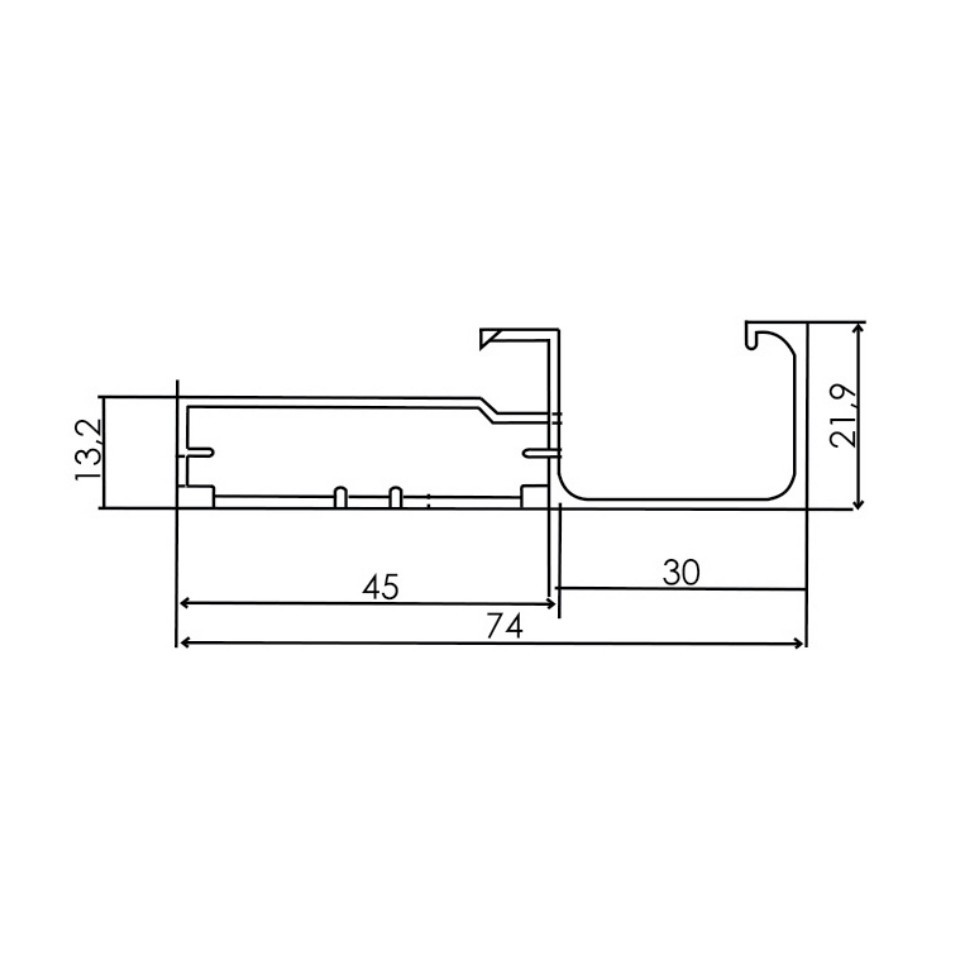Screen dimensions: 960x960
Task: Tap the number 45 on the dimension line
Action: coord(380,587)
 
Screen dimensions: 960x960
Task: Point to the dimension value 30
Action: coord(681,572)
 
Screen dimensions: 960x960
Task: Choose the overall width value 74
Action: coord(505,627)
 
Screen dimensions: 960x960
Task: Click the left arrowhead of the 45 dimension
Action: coord(184,603)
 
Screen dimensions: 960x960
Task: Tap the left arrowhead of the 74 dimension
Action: coord(183,642)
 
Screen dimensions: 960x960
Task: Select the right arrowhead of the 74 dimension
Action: coord(799,642)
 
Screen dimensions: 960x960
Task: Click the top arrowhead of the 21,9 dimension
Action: coord(858,329)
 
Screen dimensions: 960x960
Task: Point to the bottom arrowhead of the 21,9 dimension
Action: coord(858,503)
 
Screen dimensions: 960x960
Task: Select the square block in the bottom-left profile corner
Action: coord(196,497)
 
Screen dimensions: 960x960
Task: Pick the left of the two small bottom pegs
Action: coord(340,496)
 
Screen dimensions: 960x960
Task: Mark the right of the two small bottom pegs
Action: coord(395,496)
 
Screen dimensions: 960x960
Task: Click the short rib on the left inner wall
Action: coord(198,455)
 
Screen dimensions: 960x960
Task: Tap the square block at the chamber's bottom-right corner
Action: coord(535,497)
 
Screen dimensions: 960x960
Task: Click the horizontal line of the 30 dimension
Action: coord(681,589)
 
